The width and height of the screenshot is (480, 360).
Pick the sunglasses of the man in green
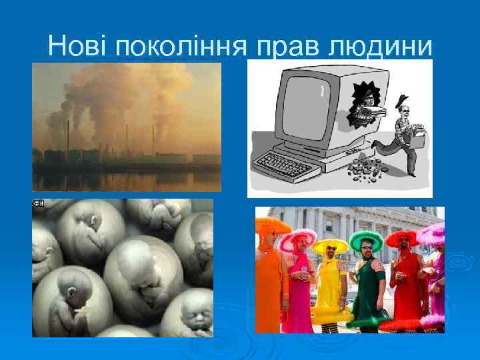click(x=367, y=247)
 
